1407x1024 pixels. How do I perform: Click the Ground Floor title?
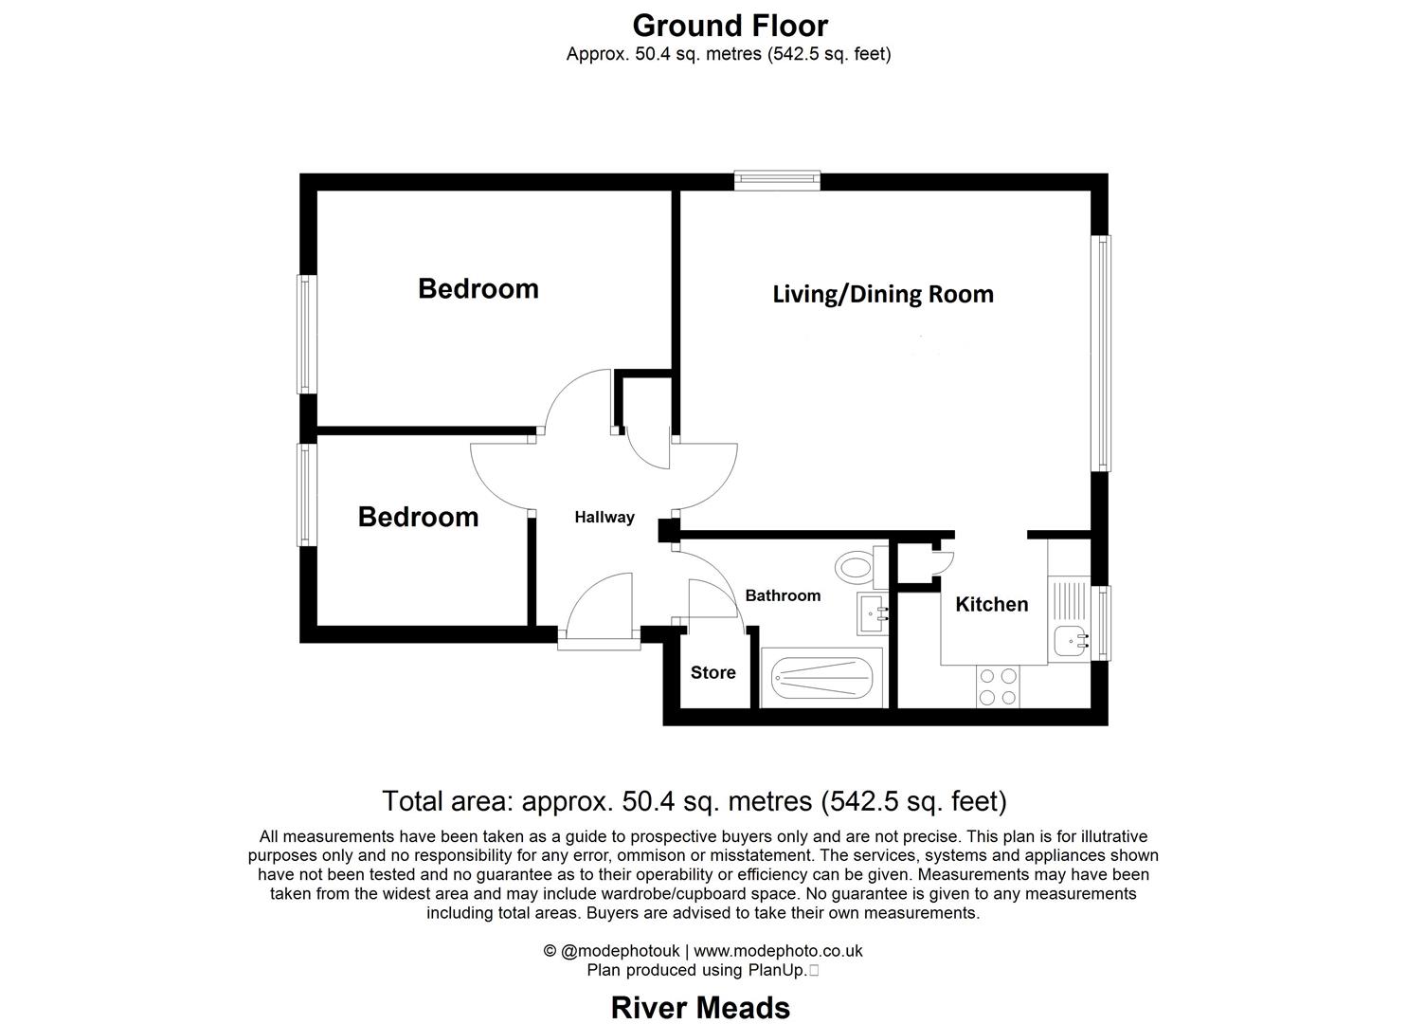pyautogui.click(x=730, y=25)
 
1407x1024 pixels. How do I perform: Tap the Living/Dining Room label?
pyautogui.click(x=883, y=294)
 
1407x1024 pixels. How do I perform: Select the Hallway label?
pyautogui.click(x=604, y=518)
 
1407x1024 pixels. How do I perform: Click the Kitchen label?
pyautogui.click(x=991, y=605)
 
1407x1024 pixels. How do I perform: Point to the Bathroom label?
pyautogui.click(x=783, y=595)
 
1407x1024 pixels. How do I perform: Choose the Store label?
pyautogui.click(x=713, y=672)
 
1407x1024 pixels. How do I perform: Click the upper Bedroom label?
pyautogui.click(x=478, y=288)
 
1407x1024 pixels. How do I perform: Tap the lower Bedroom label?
pyautogui.click(x=418, y=517)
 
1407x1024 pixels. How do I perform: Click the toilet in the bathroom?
pyautogui.click(x=855, y=569)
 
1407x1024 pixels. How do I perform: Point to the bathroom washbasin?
pyautogui.click(x=872, y=613)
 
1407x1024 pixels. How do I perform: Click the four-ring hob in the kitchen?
pyautogui.click(x=999, y=686)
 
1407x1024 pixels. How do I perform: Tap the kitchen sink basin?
pyautogui.click(x=1070, y=642)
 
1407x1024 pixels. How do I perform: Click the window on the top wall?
pyautogui.click(x=777, y=180)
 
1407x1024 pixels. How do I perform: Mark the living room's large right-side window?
pyautogui.click(x=1101, y=353)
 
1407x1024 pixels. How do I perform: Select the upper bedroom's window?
pyautogui.click(x=306, y=334)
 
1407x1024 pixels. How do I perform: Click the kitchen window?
pyautogui.click(x=1101, y=623)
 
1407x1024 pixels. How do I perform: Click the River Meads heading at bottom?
pyautogui.click(x=700, y=1007)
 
